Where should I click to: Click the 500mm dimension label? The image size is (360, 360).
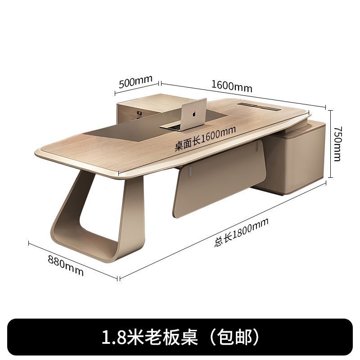135,83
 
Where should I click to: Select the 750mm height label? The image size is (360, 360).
338,143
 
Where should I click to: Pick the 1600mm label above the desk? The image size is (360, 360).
231,85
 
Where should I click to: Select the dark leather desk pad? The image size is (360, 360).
135,133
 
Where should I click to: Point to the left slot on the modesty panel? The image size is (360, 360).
191,171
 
